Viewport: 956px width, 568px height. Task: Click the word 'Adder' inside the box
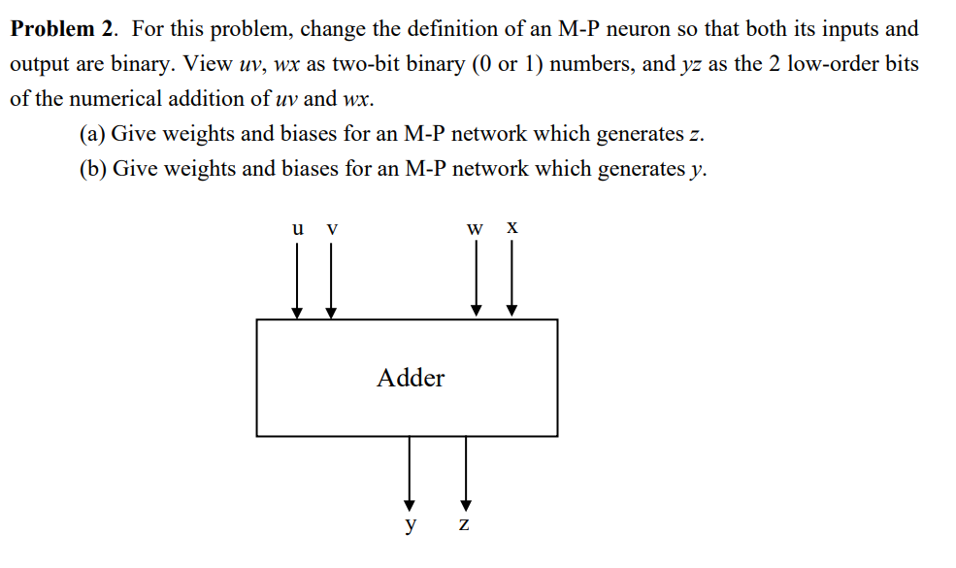click(411, 378)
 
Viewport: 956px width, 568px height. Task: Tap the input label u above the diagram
click(297, 229)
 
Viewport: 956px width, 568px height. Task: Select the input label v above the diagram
click(332, 230)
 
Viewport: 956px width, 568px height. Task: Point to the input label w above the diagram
click(475, 230)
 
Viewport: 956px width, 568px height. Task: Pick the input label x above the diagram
click(511, 229)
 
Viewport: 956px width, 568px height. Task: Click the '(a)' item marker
click(93, 134)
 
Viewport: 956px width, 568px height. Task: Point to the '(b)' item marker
click(93, 169)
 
